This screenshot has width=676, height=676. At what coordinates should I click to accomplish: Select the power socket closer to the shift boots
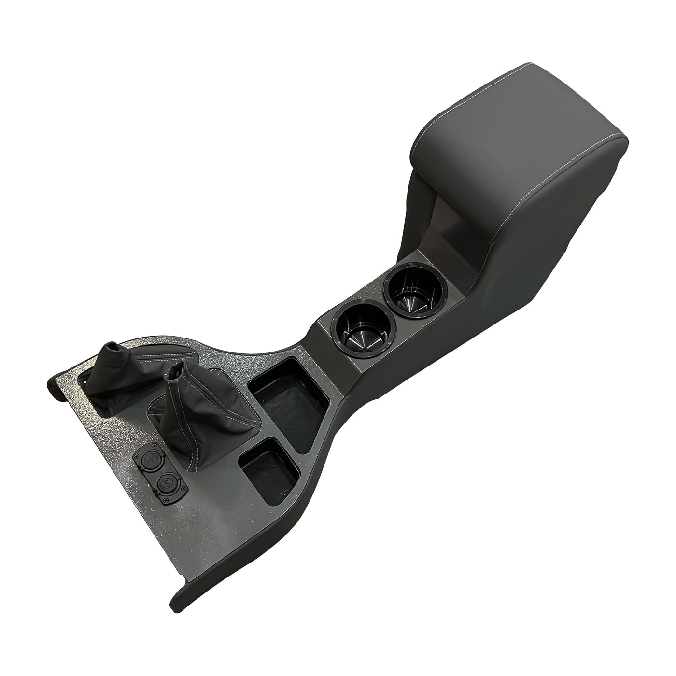[150, 457]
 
